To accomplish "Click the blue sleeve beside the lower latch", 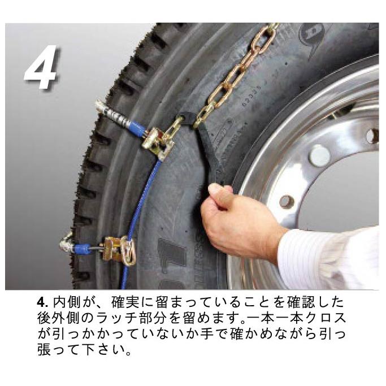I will [x=84, y=248].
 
